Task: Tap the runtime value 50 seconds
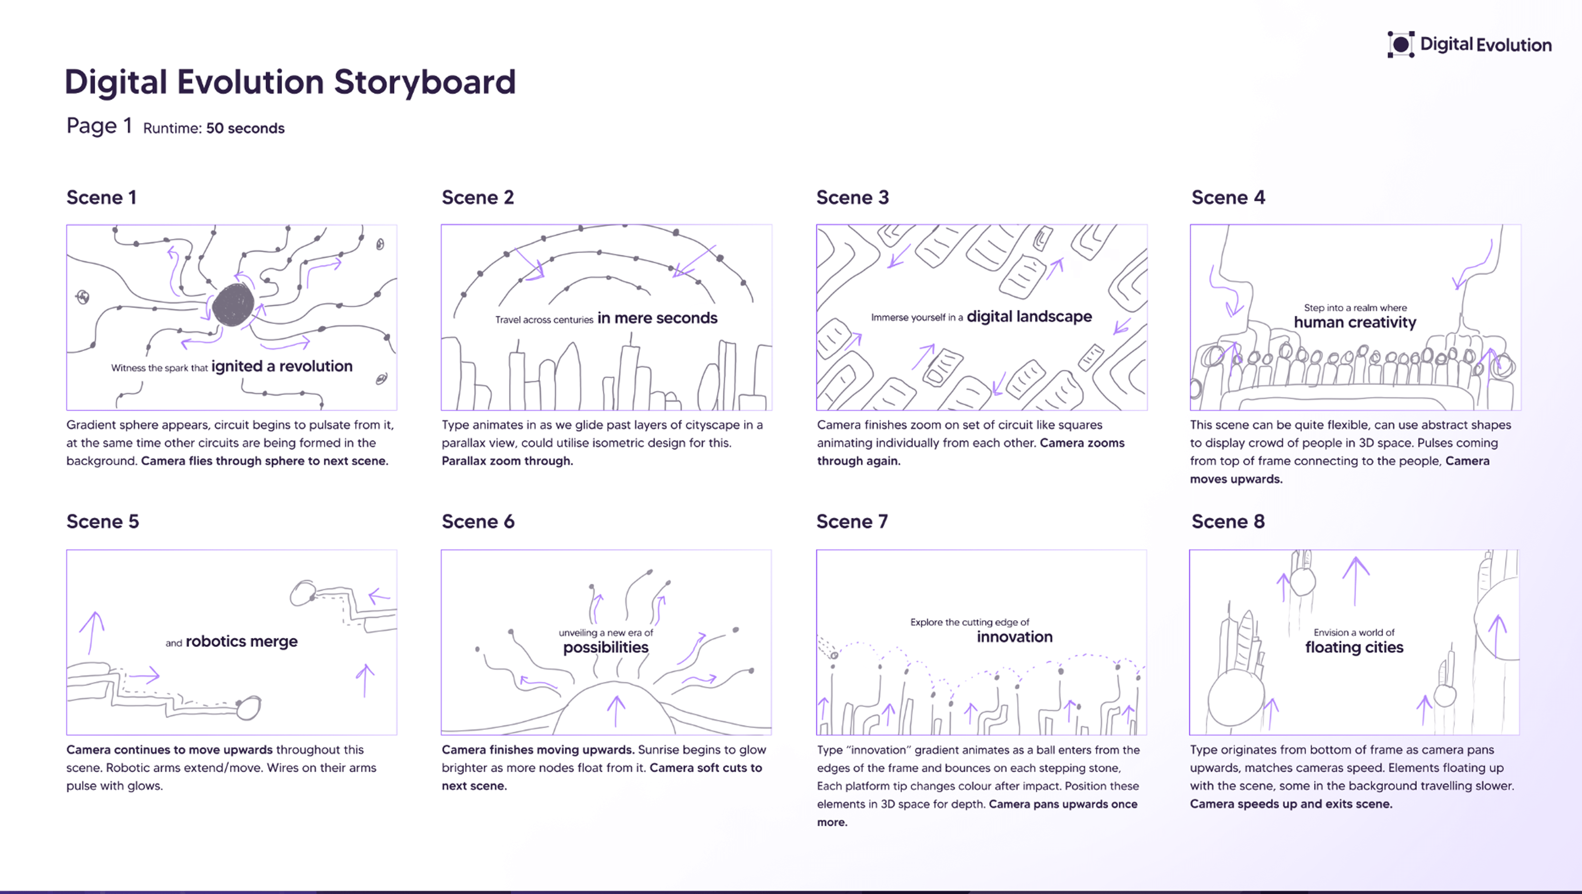click(x=245, y=128)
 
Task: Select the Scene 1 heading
click(x=101, y=198)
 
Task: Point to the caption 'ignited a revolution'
click(x=282, y=366)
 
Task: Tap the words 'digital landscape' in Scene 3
click(x=1029, y=317)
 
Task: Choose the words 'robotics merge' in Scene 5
click(x=241, y=642)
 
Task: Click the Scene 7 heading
click(x=852, y=522)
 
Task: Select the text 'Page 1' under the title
click(x=99, y=126)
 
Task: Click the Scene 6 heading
click(x=478, y=522)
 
